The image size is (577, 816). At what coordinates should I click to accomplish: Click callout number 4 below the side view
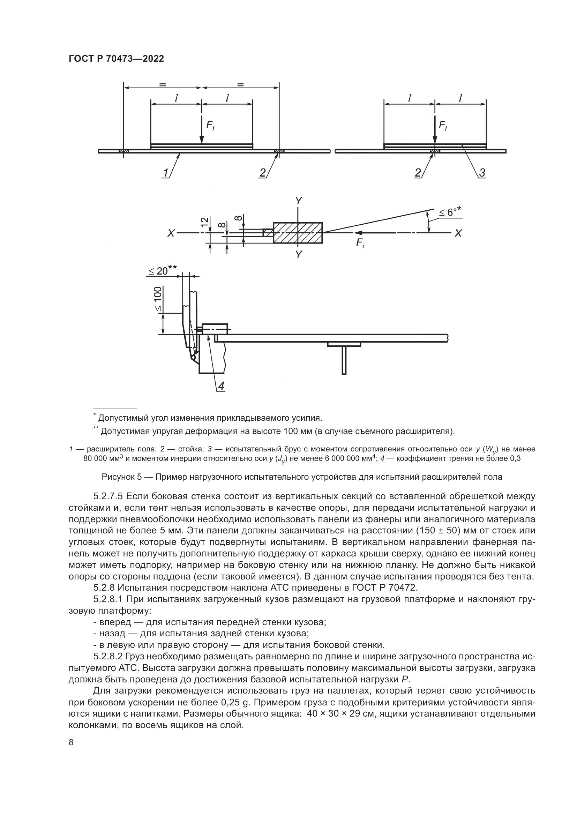tap(221, 386)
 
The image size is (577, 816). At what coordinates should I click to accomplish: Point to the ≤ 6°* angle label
tap(450, 212)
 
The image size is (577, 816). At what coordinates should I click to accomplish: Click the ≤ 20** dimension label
tap(162, 271)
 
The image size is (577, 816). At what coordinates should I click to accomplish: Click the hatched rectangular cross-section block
tap(298, 233)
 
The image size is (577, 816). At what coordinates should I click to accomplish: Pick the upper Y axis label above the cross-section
tap(299, 202)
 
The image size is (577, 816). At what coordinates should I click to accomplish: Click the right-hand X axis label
tap(458, 233)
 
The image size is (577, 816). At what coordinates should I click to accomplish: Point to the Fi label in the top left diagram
tap(210, 125)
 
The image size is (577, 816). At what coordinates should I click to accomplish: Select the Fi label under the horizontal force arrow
tap(361, 244)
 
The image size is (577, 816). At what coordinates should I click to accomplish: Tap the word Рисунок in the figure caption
tap(117, 477)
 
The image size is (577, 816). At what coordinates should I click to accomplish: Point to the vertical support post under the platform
tap(344, 360)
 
